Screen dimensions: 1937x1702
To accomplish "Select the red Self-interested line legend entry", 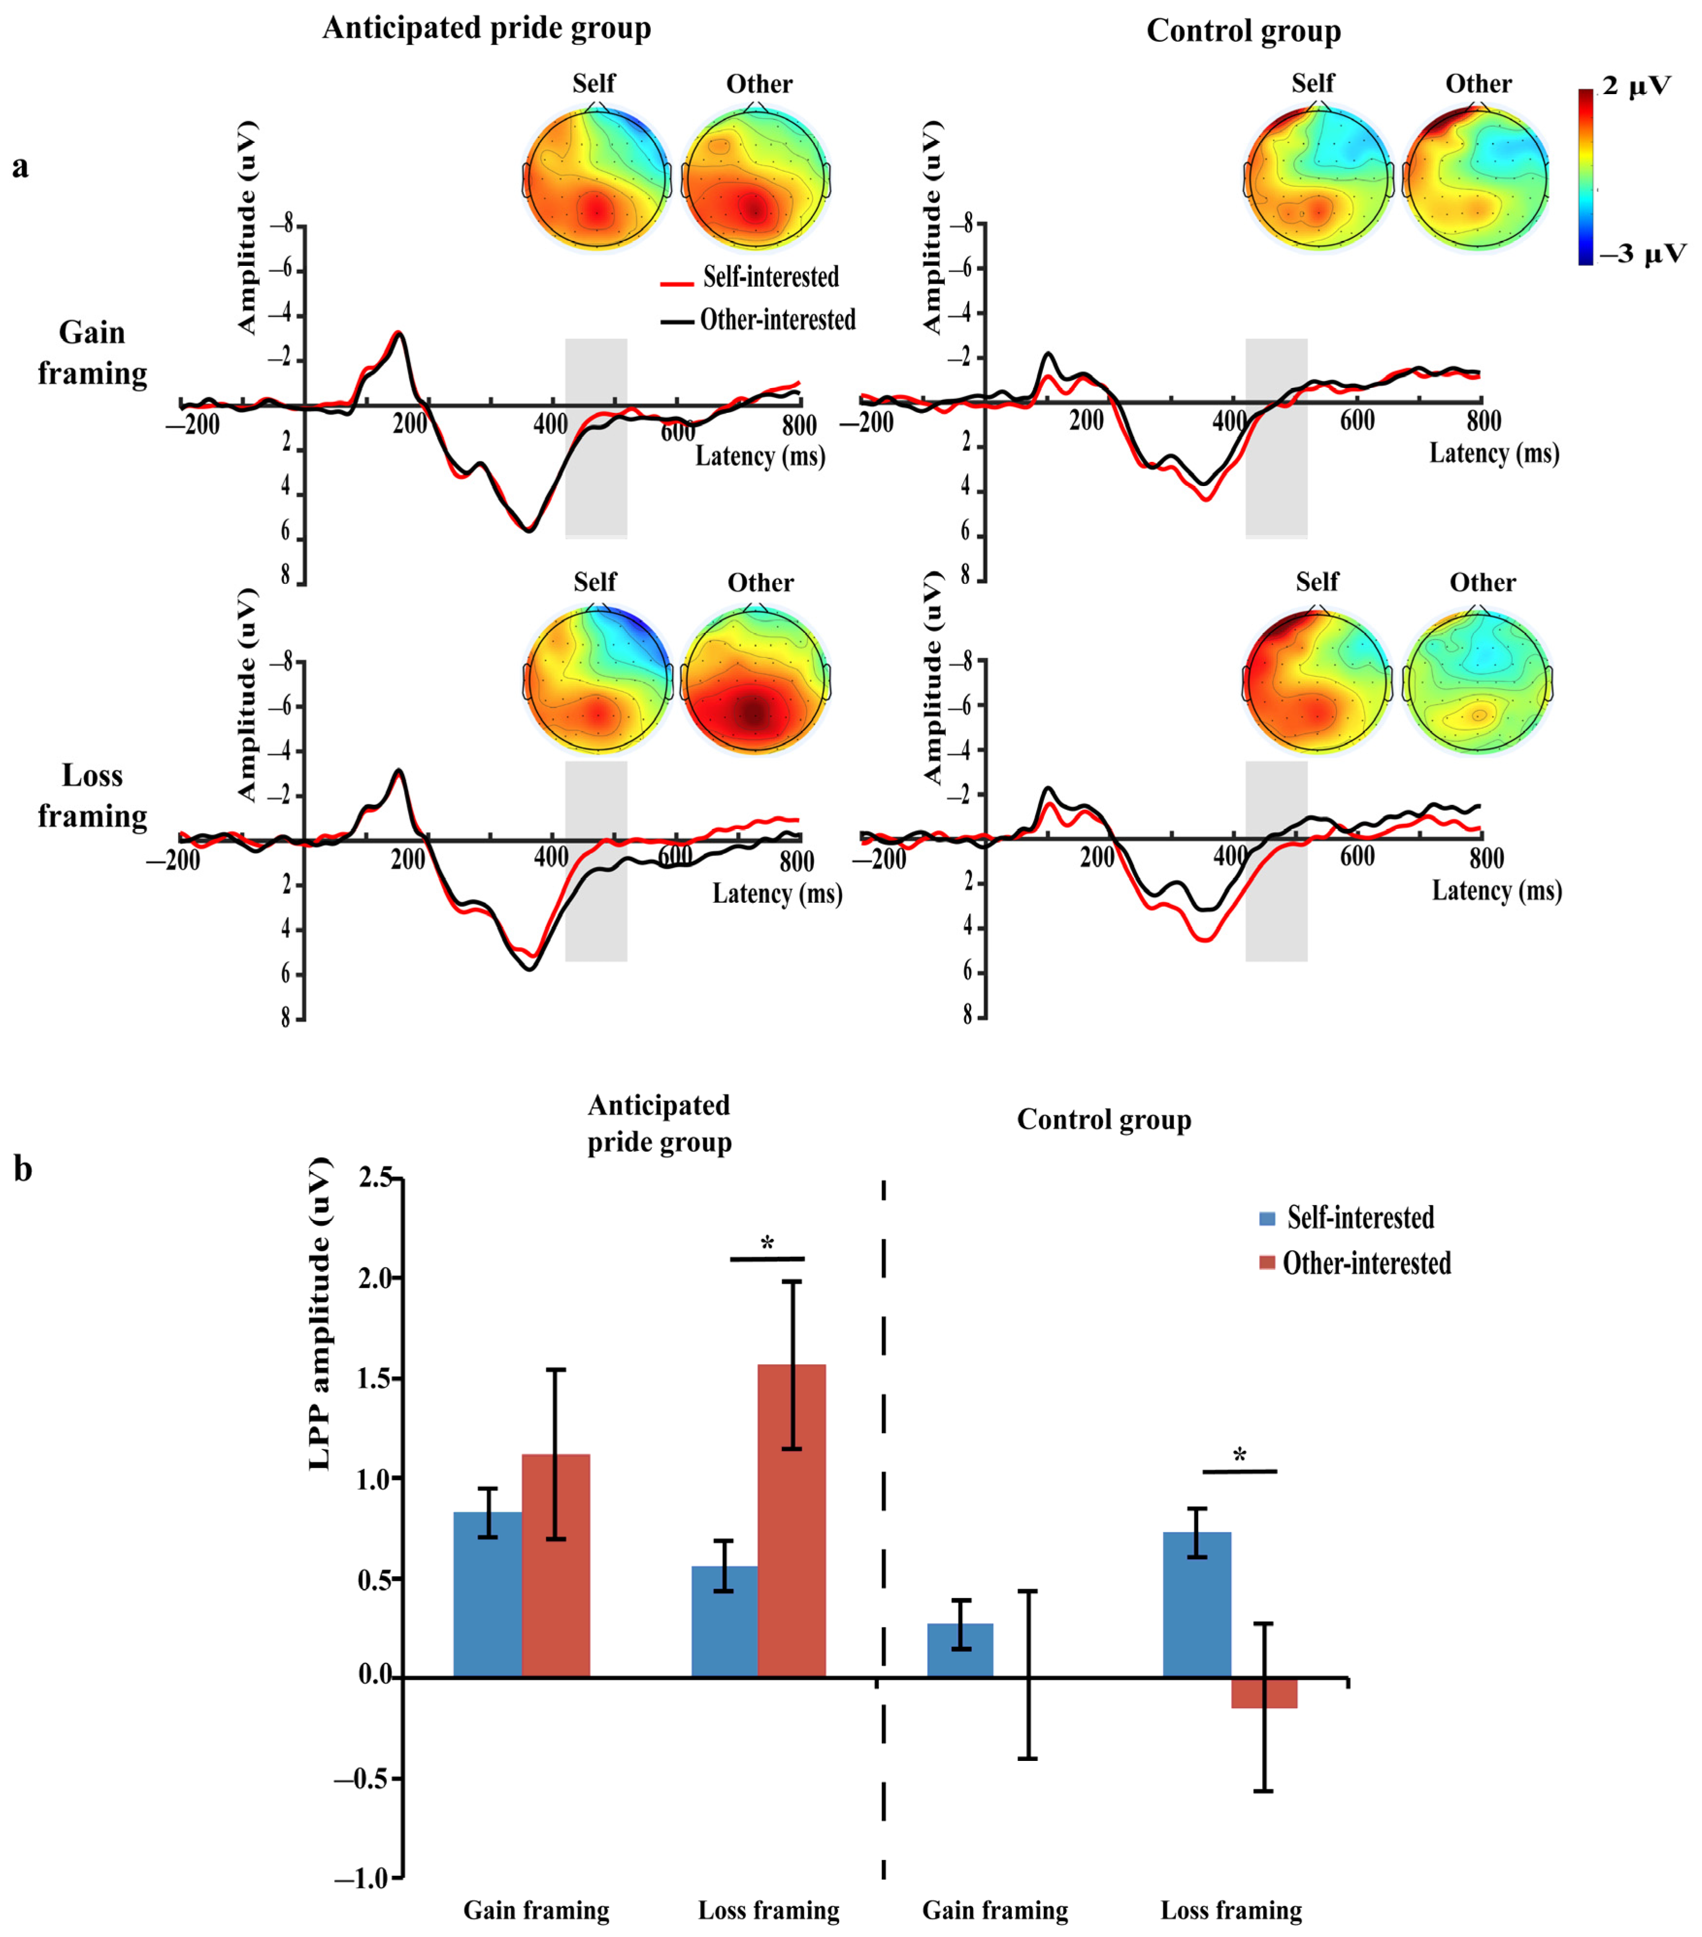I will pos(748,277).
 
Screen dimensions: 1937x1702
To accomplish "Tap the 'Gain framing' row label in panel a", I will pos(92,353).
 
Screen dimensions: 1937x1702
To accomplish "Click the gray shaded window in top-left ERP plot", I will pos(596,438).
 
